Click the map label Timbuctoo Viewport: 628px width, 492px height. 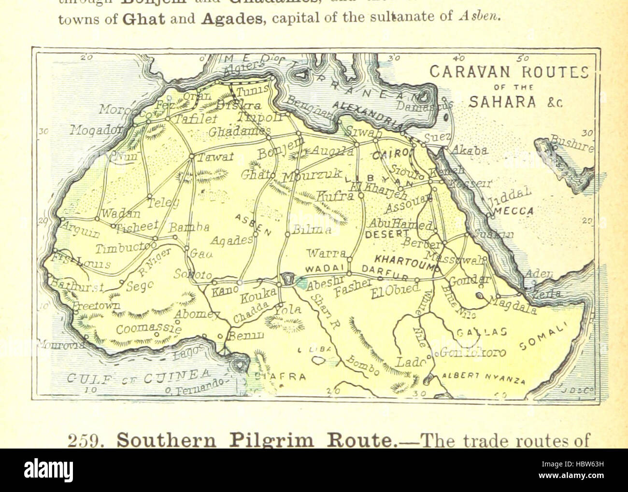point(123,248)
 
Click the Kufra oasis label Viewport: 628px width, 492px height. point(335,196)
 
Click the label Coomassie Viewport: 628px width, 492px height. point(149,329)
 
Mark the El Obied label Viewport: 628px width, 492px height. point(396,290)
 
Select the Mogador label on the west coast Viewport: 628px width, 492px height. point(94,129)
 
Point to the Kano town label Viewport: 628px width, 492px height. point(225,290)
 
